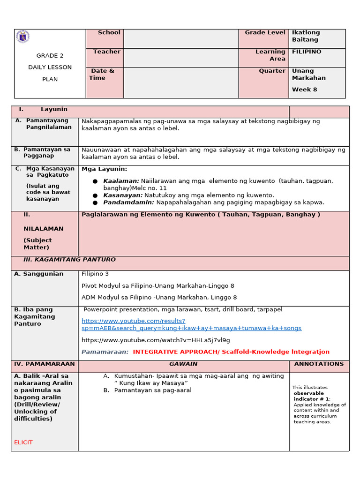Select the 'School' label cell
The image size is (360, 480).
(109, 33)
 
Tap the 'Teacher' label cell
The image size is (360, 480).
(106, 52)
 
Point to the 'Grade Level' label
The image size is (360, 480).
(264, 33)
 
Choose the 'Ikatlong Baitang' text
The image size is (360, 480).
(306, 36)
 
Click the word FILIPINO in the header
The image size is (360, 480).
(307, 52)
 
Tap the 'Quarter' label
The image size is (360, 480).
(272, 71)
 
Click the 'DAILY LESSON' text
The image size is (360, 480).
(50, 67)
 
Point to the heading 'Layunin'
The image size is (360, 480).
(54, 109)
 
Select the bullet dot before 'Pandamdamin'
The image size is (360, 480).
(95, 203)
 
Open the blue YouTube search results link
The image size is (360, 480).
(191, 325)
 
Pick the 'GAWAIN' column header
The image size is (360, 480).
(183, 364)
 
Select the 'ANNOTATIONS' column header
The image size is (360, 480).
(319, 364)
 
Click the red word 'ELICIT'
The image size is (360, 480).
(23, 442)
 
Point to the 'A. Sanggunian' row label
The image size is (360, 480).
(39, 274)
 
